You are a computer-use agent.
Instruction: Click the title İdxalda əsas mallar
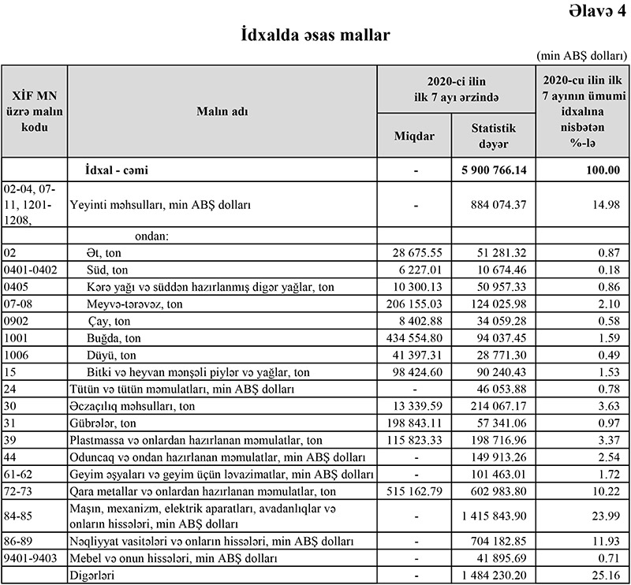315,35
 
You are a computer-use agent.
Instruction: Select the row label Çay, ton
110,321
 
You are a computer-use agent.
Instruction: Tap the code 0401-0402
29,270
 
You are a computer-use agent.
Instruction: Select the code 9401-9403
29,558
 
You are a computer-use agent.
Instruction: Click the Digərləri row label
92,576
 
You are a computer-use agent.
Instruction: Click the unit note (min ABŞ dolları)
581,56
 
